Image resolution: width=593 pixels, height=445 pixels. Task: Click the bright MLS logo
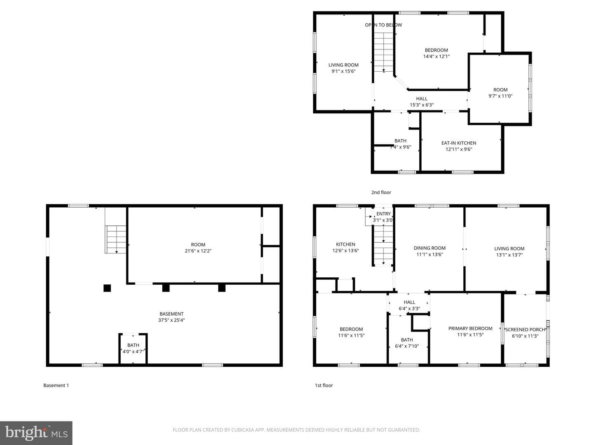point(36,433)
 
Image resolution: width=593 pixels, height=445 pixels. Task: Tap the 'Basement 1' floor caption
point(56,385)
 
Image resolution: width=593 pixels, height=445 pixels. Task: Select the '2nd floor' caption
point(381,192)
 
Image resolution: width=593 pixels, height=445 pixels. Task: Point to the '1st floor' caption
point(324,385)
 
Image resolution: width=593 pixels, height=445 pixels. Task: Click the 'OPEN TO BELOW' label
point(383,25)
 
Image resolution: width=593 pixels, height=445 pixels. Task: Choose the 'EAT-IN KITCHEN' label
point(459,143)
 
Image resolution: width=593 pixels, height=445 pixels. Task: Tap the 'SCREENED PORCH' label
point(525,330)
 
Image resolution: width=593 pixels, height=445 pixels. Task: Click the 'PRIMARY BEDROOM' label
point(470,328)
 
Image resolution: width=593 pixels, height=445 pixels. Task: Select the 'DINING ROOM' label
point(430,248)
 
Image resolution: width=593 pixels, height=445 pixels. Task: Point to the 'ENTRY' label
point(383,214)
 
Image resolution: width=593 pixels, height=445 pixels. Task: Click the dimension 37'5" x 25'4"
point(172,320)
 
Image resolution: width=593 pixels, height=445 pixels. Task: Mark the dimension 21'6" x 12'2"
point(198,251)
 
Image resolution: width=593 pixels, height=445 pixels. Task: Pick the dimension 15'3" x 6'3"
point(422,105)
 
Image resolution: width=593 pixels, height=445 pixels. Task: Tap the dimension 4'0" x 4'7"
point(133,351)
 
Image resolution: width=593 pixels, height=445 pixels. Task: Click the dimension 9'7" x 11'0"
point(500,96)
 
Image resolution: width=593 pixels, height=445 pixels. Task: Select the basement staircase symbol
point(116,240)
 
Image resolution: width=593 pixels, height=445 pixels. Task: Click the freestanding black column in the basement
point(107,288)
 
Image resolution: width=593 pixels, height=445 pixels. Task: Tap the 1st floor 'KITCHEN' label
point(346,244)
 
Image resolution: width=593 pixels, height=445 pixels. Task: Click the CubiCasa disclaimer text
point(296,430)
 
